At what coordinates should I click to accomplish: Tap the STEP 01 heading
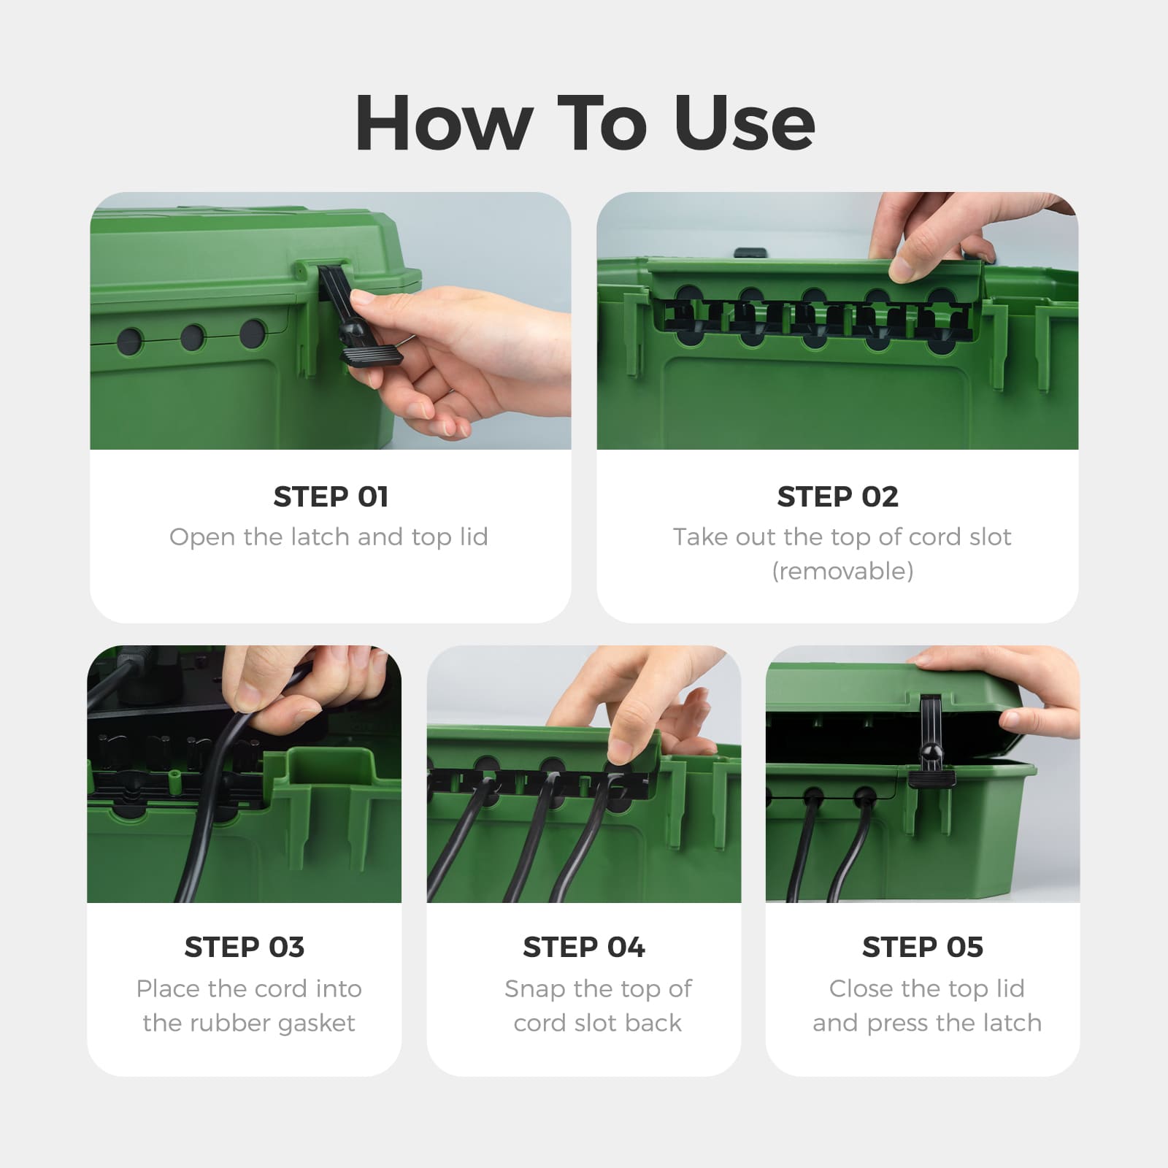[331, 496]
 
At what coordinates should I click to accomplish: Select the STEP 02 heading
[837, 496]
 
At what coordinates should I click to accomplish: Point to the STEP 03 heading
[245, 947]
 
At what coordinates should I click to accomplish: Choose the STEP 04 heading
[584, 947]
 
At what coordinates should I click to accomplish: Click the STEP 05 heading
[923, 947]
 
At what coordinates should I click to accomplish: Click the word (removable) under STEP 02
[842, 571]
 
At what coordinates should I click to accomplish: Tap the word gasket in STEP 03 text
[316, 1023]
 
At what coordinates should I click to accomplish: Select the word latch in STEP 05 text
[1010, 1023]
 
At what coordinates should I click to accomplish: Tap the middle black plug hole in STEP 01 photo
[193, 337]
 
